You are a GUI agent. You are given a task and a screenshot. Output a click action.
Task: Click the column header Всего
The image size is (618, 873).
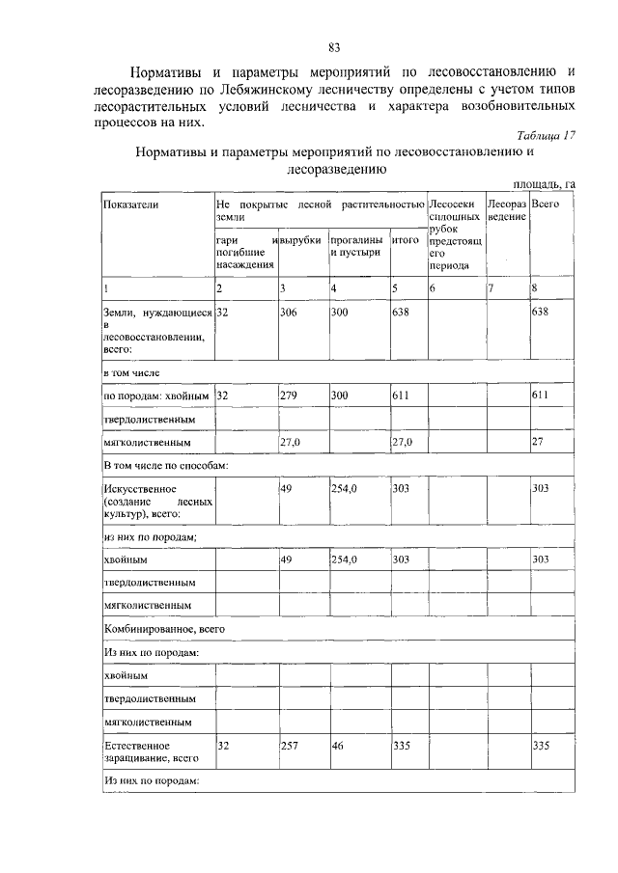(x=546, y=205)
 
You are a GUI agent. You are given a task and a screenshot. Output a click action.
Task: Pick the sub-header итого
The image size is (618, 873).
(x=405, y=239)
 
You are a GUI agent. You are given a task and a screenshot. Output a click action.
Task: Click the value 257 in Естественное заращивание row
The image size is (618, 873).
(x=290, y=746)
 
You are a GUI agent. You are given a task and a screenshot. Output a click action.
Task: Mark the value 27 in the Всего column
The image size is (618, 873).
(x=538, y=443)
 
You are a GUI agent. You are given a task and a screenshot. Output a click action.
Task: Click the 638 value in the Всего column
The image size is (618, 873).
(x=540, y=314)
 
